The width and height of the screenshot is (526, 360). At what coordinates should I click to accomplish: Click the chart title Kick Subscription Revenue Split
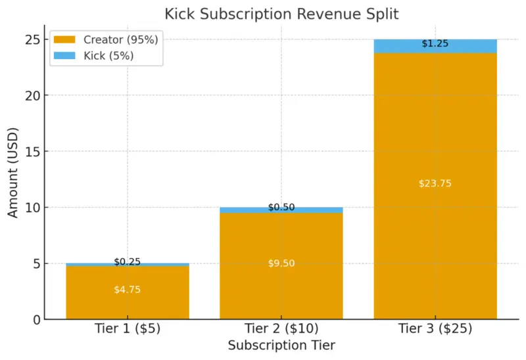[x=281, y=13]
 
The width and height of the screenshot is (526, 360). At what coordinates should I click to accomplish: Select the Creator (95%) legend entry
[x=105, y=40]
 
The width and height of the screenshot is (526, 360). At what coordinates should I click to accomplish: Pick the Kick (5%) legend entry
[x=105, y=56]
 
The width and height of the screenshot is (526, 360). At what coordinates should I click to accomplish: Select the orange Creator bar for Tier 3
[x=435, y=131]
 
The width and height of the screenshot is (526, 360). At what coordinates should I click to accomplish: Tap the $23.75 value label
[x=435, y=184]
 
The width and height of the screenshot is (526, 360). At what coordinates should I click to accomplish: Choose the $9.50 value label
[x=281, y=263]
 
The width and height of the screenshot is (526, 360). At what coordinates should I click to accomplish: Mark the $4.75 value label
[x=128, y=290]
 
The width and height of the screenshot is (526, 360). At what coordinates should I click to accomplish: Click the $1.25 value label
[x=435, y=44]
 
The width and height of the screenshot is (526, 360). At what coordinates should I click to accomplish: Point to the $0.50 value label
[x=281, y=208]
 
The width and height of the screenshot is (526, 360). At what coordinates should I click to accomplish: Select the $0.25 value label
[x=128, y=261]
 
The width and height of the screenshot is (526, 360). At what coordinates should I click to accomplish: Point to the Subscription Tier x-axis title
[x=281, y=346]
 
